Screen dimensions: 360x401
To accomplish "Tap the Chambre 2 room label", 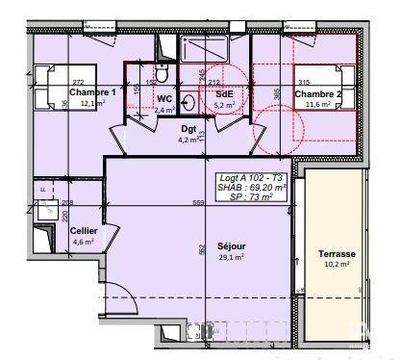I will tap(317, 93).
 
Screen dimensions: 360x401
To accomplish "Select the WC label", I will tap(164, 98).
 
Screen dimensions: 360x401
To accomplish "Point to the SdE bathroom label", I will tap(224, 94).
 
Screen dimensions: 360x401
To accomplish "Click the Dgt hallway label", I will tap(189, 128).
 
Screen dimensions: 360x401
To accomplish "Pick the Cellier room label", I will tap(83, 230).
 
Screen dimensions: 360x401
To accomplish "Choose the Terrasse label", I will tap(337, 254).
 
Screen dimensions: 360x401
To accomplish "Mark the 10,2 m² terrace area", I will tap(337, 265).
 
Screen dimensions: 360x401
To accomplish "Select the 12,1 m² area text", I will tap(92, 103).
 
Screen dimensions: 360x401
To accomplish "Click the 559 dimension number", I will tap(198, 203).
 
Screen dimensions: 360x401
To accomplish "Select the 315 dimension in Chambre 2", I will tap(305, 83).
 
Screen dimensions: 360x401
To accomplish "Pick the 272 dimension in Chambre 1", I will tap(78, 83).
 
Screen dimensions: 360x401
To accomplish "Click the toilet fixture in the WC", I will tap(163, 74).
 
